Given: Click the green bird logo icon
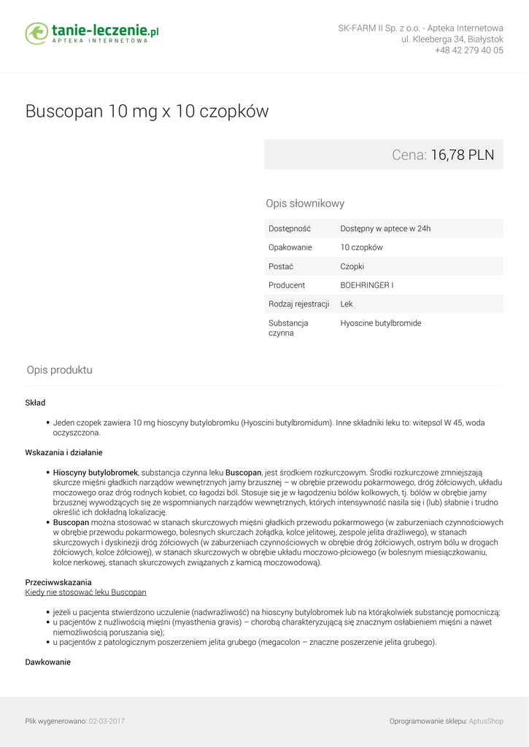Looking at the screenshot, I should (36, 33).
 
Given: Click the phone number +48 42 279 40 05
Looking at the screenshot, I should (468, 50).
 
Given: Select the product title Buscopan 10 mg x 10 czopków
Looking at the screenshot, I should (147, 112).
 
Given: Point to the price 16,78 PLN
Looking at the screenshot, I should (462, 155).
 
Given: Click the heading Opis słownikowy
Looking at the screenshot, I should (305, 204).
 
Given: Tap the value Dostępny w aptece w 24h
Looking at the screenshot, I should (385, 228).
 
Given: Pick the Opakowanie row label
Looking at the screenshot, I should (290, 247).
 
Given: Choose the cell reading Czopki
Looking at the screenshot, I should (352, 266).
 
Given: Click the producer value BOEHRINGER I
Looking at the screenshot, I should (366, 285).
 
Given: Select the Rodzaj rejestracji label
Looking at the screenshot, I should (298, 304).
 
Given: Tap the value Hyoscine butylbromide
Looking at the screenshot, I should (380, 323).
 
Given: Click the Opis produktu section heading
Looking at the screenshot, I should (60, 370).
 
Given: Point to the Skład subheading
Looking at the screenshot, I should (35, 403).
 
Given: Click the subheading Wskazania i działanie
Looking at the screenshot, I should (63, 452).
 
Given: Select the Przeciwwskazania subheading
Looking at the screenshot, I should (58, 582).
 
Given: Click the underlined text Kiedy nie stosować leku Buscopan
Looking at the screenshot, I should (86, 592).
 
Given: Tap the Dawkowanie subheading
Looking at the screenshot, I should (48, 662).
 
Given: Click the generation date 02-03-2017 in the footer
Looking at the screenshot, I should (107, 721).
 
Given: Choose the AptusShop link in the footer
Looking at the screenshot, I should (485, 721).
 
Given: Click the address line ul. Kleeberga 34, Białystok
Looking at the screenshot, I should (452, 39).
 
